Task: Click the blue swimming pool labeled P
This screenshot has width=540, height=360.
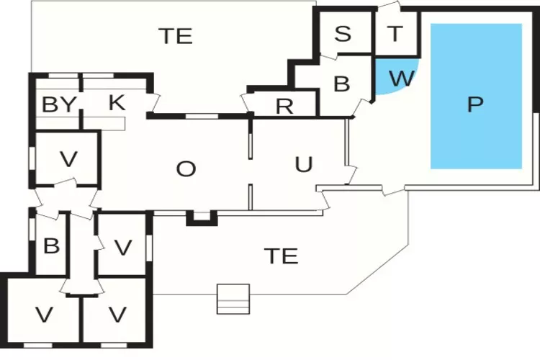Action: pos(476,96)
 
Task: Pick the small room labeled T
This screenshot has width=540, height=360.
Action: pos(396,33)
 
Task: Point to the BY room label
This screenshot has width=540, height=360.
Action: pos(59,104)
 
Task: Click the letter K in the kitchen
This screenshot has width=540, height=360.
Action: pos(117,102)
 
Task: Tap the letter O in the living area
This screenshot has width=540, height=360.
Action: pos(186,168)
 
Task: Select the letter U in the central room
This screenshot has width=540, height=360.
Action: pos(304,164)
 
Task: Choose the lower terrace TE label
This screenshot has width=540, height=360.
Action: pos(281,256)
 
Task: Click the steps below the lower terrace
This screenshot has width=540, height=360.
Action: pos(233,299)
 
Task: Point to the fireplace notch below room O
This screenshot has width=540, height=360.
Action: pos(202,218)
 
